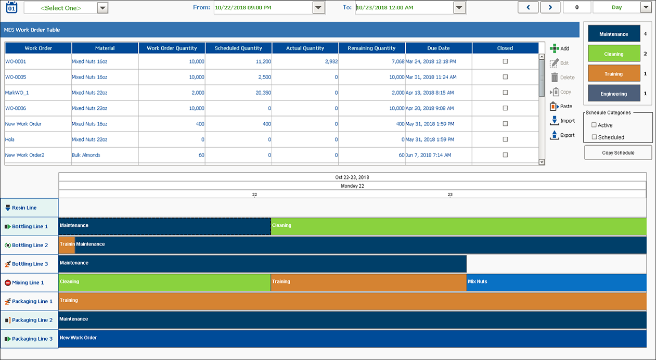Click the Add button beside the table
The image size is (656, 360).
click(x=560, y=48)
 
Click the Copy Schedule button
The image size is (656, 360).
click(x=618, y=152)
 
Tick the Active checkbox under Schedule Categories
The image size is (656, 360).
click(x=594, y=125)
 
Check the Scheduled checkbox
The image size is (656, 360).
click(x=594, y=137)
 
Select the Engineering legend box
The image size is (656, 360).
click(x=614, y=94)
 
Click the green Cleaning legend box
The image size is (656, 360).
click(x=614, y=54)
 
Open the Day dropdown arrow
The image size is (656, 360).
click(x=646, y=8)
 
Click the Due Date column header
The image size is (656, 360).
click(x=439, y=48)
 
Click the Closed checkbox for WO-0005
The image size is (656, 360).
click(x=505, y=77)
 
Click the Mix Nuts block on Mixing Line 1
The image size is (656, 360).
click(x=556, y=282)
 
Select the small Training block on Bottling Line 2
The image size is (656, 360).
click(x=67, y=245)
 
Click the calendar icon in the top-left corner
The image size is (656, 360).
click(x=11, y=7)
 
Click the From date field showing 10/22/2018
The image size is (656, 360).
click(x=262, y=8)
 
